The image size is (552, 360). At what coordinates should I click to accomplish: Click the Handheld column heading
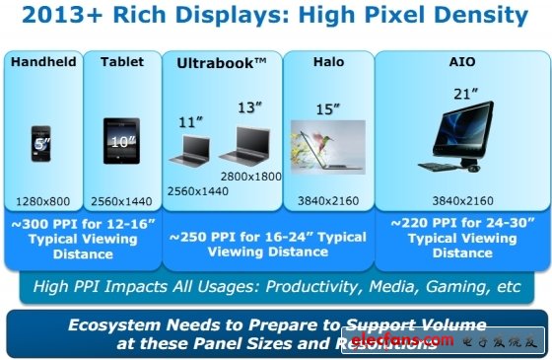42,62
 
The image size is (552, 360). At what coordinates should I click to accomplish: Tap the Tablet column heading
122,62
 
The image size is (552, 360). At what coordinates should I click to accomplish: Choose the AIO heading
462,62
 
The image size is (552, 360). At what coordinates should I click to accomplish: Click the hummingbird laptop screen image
328,146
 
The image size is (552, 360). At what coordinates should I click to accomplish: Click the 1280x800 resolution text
42,201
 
